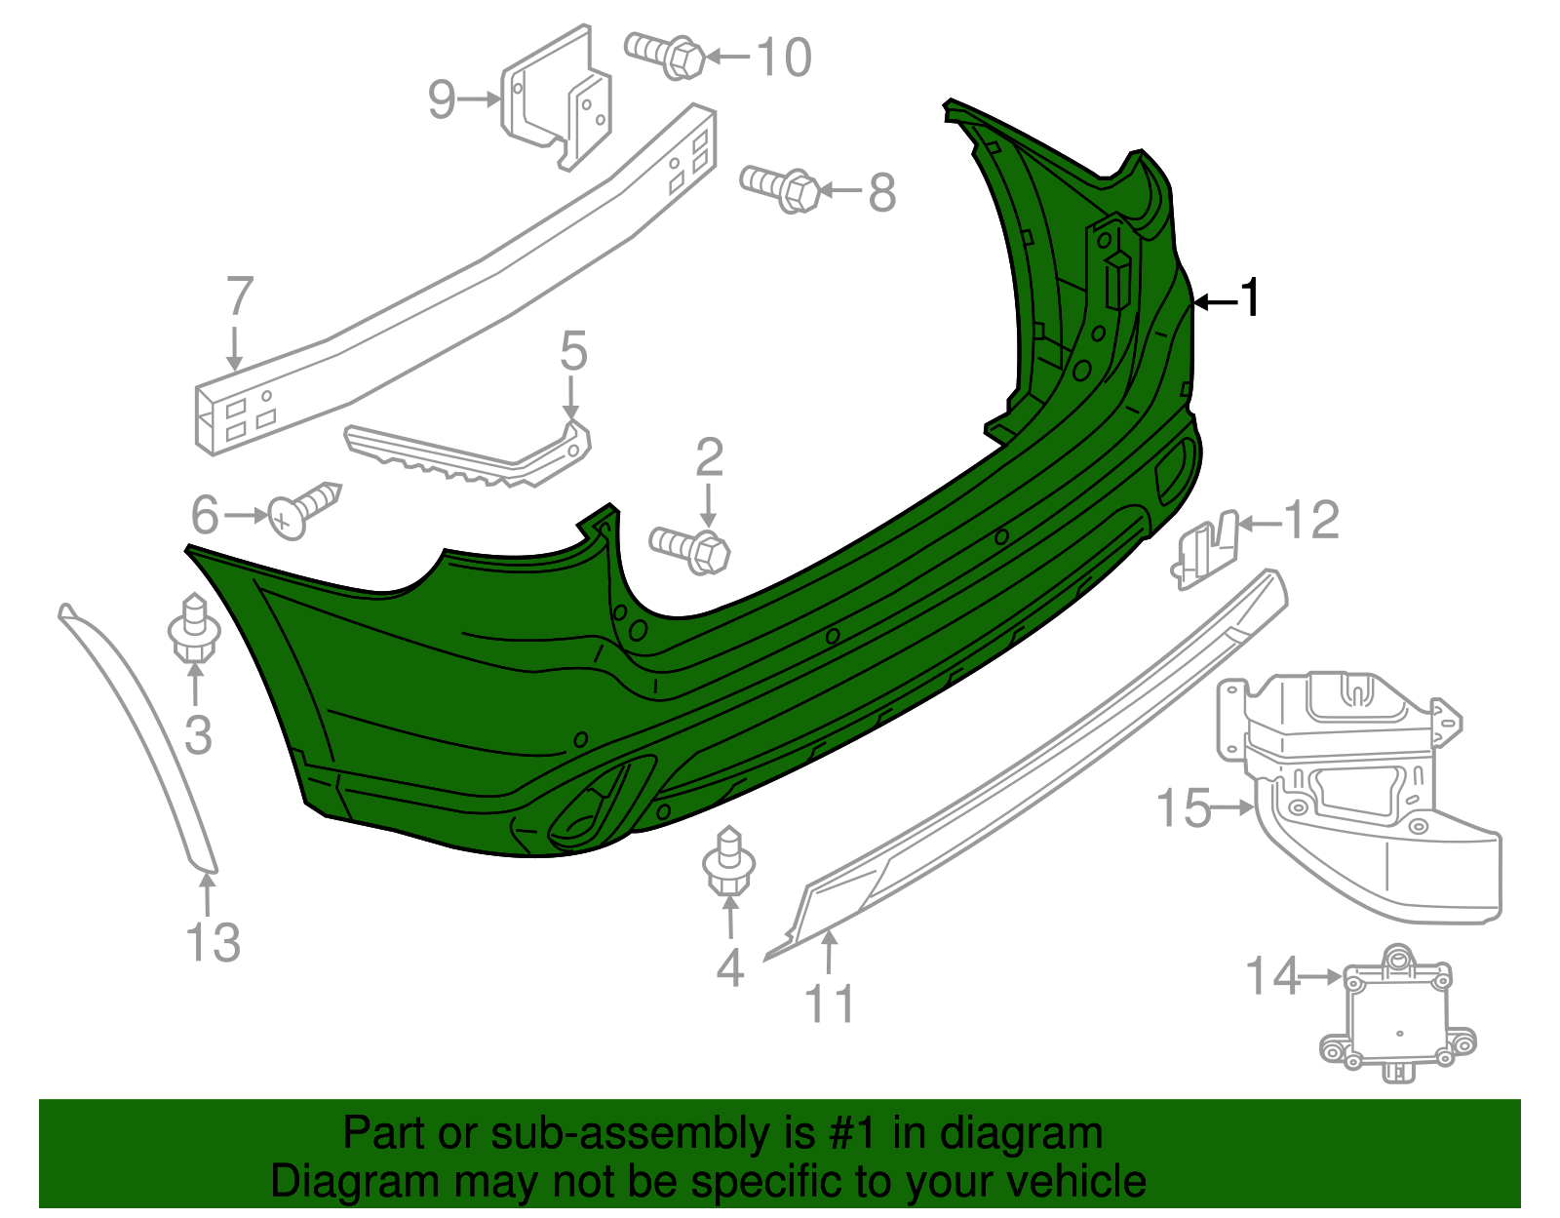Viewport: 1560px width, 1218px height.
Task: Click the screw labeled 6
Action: coord(304,509)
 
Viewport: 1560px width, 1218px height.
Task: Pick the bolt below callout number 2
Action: coord(690,549)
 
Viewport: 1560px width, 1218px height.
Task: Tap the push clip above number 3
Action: coord(194,629)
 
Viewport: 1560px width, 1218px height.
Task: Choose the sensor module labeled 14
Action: coord(1396,1014)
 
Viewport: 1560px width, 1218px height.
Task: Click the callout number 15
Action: coord(1183,808)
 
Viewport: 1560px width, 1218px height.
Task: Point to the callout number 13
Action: coord(213,942)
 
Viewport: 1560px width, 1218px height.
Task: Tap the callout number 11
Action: coord(830,1003)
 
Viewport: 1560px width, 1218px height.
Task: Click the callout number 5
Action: coord(573,351)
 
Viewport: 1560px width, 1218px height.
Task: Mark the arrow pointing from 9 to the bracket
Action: coord(481,98)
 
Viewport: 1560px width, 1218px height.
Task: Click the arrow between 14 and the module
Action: coord(1322,975)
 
